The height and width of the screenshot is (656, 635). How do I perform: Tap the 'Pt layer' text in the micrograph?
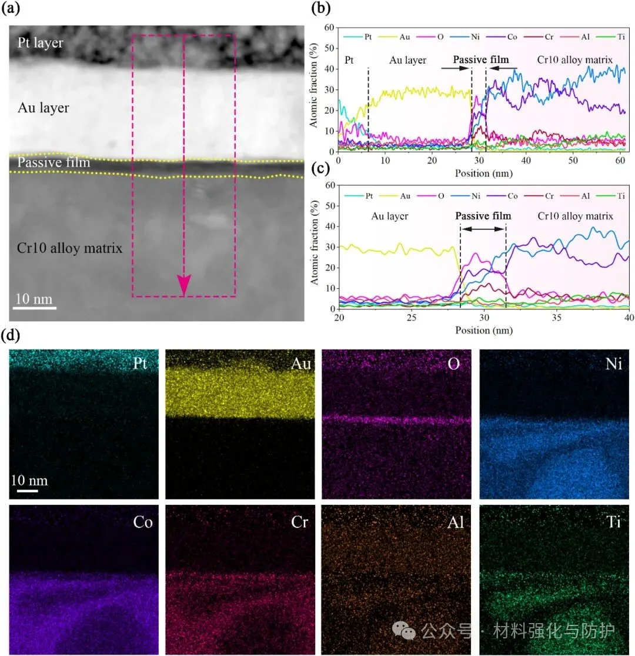pos(41,43)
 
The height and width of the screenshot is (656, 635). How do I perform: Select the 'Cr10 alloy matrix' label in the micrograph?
pos(70,248)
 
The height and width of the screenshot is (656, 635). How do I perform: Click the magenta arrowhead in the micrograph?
pos(184,285)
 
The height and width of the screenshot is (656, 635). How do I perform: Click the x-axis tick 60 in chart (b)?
pos(619,161)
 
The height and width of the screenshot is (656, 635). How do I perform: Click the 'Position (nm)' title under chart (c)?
pos(484,331)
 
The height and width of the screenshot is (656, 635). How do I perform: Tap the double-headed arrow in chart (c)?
pos(483,228)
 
